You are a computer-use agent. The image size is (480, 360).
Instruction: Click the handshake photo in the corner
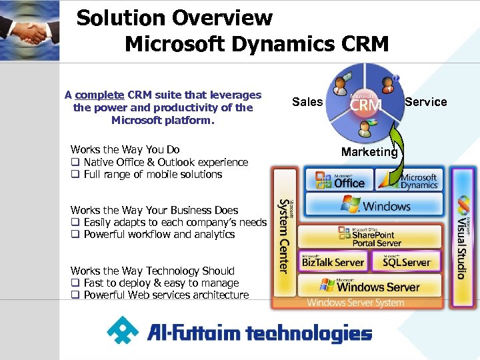[29, 31]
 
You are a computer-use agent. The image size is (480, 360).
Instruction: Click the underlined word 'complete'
[99, 95]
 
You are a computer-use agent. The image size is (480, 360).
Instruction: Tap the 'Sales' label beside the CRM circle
[307, 102]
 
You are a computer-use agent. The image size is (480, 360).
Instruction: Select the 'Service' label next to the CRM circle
[425, 102]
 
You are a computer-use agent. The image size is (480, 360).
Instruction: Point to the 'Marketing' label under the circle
[369, 152]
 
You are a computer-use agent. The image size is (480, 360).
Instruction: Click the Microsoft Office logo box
[340, 179]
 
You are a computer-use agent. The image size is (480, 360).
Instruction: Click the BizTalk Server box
[333, 262]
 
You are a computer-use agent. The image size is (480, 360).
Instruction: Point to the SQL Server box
[407, 262]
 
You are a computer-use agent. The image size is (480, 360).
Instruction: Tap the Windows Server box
[369, 287]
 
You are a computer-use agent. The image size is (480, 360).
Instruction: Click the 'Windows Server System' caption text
[355, 303]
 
